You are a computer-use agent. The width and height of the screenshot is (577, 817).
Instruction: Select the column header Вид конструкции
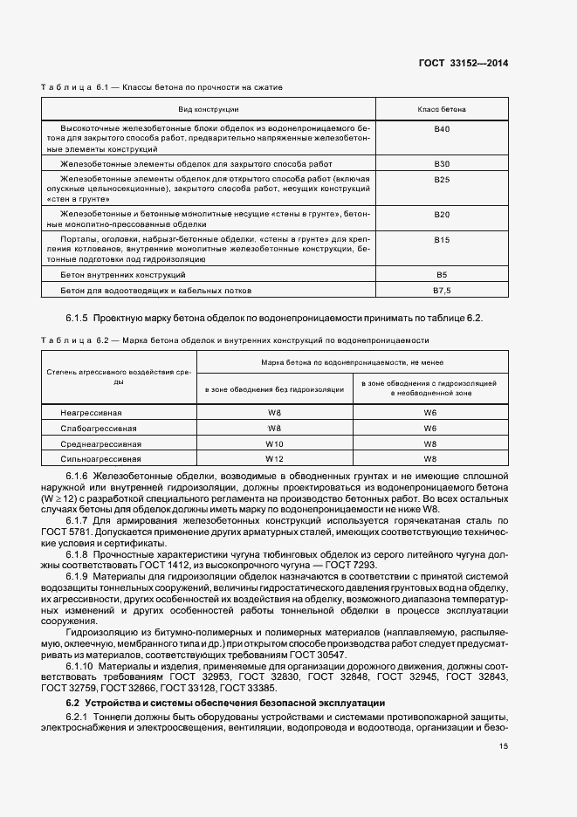[x=209, y=109]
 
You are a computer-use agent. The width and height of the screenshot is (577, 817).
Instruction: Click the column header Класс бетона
[x=442, y=109]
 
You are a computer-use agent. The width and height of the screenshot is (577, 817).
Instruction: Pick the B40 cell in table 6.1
[x=442, y=129]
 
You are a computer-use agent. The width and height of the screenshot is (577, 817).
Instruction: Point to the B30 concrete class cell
[x=442, y=163]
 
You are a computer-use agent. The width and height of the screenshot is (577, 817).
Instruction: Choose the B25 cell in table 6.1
[x=442, y=179]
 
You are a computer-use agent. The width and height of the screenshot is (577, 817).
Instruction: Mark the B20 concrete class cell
[x=442, y=214]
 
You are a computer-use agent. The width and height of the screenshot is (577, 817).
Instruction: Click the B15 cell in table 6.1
[x=442, y=238]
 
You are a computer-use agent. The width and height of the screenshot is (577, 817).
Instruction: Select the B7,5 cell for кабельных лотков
[x=442, y=289]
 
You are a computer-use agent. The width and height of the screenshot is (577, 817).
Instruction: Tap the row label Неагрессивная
[x=91, y=411]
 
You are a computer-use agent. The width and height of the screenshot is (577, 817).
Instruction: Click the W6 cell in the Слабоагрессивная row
[x=430, y=427]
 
